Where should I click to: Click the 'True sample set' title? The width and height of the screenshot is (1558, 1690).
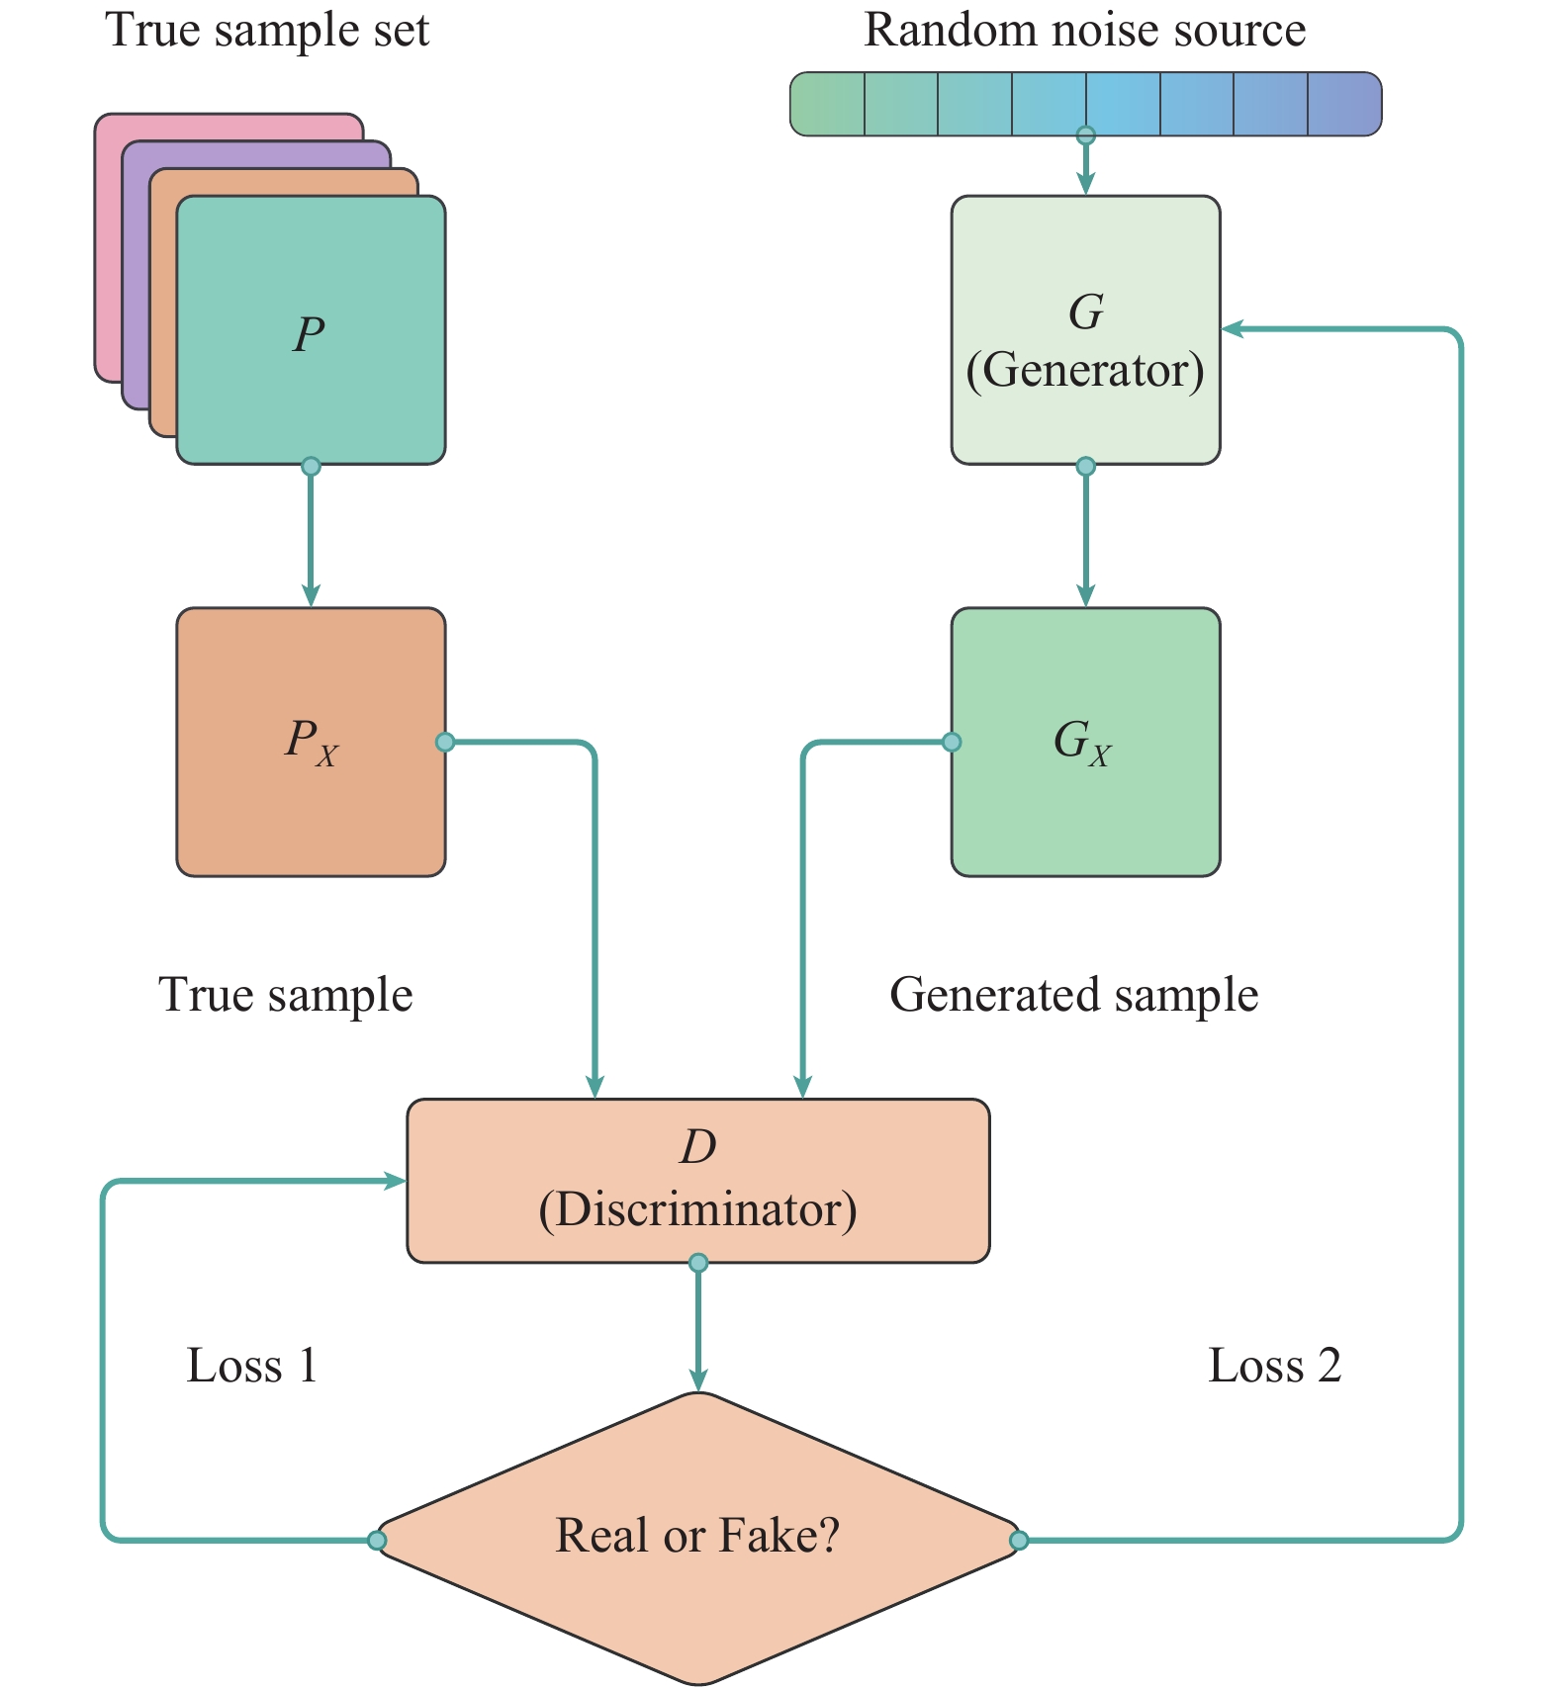click(x=267, y=30)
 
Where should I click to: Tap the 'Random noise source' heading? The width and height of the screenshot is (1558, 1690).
click(x=1084, y=30)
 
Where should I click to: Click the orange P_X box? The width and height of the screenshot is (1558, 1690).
click(x=311, y=742)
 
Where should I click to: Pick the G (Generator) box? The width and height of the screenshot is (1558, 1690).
click(x=1085, y=330)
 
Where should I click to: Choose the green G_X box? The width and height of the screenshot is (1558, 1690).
click(x=1085, y=742)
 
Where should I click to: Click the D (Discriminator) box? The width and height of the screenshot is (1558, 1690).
click(x=697, y=1180)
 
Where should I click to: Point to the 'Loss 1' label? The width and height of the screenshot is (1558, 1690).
click(x=251, y=1366)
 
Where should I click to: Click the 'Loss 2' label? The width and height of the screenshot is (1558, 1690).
click(x=1274, y=1366)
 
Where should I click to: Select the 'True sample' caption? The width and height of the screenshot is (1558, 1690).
click(x=285, y=995)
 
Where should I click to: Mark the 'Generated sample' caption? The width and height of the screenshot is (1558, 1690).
click(x=1073, y=995)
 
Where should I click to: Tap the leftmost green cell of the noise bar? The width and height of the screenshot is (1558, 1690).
click(x=828, y=104)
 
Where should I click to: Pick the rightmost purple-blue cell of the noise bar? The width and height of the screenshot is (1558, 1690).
click(x=1343, y=104)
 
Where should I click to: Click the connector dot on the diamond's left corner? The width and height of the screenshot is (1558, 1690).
click(x=377, y=1540)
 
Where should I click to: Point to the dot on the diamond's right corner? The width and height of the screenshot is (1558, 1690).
click(x=1019, y=1540)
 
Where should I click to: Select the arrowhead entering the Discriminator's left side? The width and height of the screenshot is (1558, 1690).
click(x=396, y=1181)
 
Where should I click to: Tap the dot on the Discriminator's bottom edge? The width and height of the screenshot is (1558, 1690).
click(x=698, y=1263)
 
